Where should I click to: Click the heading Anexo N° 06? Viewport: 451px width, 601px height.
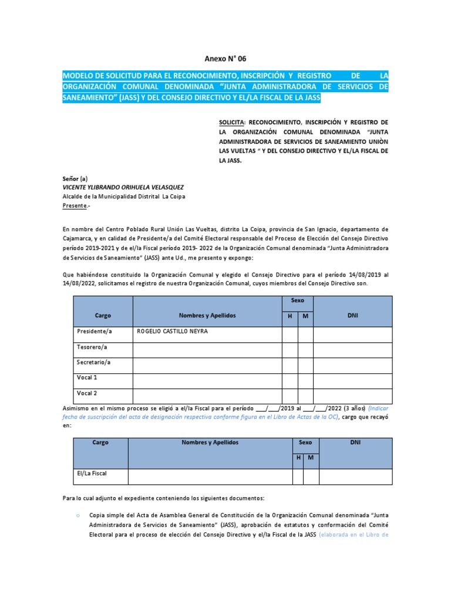[x=225, y=59]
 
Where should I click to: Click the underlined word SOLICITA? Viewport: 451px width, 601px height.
[x=231, y=122]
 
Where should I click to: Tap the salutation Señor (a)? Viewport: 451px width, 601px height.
[x=75, y=178]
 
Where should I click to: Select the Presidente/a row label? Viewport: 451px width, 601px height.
[x=94, y=332]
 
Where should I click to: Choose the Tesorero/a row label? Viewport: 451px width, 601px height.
[x=92, y=347]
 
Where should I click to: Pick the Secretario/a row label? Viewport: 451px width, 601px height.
[x=93, y=362]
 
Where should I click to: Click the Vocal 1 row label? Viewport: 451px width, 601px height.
[x=87, y=377]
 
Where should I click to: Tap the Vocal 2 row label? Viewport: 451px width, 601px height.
[x=87, y=393]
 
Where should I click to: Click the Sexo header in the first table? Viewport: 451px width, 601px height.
[x=298, y=300]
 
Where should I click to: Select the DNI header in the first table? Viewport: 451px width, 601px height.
[x=352, y=315]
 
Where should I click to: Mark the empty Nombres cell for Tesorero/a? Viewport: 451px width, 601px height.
[x=207, y=350]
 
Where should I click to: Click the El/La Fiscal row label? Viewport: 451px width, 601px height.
[x=92, y=472]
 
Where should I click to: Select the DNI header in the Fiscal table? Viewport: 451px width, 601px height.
[x=355, y=442]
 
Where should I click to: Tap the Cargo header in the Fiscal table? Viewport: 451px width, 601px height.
[x=100, y=442]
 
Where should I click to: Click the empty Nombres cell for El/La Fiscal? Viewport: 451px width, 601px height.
[x=210, y=476]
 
